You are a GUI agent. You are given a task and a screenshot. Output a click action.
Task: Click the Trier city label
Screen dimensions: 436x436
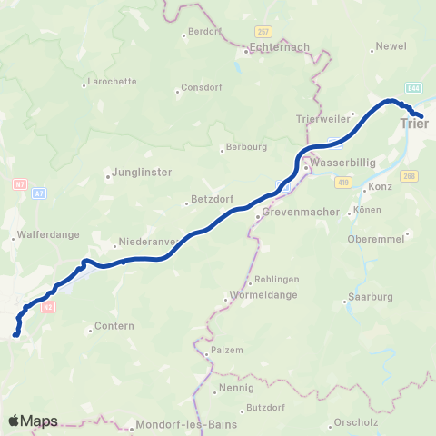coord(420,124)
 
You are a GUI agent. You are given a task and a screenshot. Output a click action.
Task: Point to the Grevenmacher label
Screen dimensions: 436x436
coord(300,212)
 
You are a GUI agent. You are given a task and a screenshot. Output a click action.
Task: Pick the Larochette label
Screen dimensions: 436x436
coord(110,82)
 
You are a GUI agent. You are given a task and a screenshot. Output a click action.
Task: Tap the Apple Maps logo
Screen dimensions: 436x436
coord(33,421)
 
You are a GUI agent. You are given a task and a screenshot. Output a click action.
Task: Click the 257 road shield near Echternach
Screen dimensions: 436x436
coord(262,31)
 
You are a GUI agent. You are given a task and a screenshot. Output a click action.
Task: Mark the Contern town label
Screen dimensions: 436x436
coord(117,326)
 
